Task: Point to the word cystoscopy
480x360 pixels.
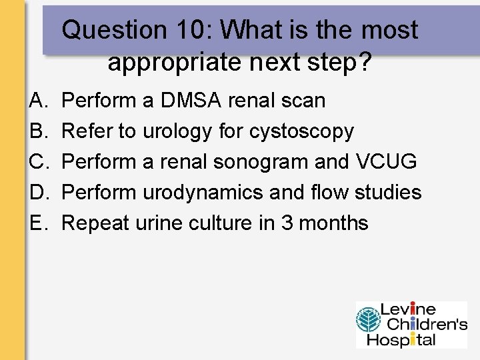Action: [x=301, y=131]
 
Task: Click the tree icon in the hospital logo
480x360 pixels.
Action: [x=367, y=324]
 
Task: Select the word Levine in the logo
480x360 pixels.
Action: [x=408, y=310]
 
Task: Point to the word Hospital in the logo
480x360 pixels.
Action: [x=407, y=340]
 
